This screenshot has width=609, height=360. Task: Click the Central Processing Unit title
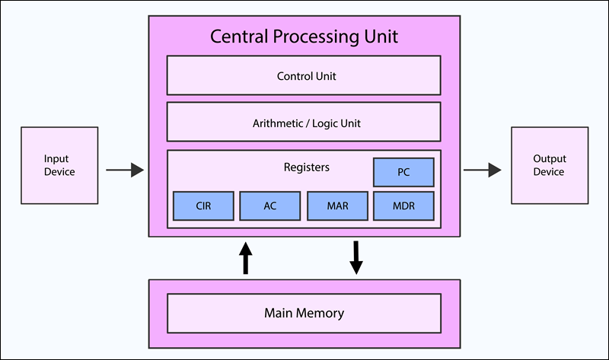tap(304, 37)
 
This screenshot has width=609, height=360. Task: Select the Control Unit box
tap(304, 76)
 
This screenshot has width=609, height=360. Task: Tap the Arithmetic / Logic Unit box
tap(304, 122)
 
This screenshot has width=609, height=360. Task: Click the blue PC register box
tap(403, 172)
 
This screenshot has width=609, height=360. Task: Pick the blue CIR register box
tap(203, 205)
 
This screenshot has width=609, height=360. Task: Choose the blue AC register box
tap(270, 205)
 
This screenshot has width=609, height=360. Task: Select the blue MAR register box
tap(337, 205)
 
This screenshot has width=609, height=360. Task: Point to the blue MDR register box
tap(403, 205)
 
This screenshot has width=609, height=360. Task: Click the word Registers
tap(306, 167)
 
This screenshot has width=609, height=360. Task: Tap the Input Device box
tap(59, 165)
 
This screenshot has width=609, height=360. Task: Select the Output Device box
tap(549, 165)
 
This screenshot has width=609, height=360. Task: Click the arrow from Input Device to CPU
tap(125, 170)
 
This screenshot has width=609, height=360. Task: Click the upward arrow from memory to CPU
tap(245, 258)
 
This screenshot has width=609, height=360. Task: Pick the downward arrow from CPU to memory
tap(356, 258)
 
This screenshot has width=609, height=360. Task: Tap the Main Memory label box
tap(304, 313)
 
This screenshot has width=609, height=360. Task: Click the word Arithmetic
tap(277, 122)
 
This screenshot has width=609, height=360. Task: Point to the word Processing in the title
tap(313, 37)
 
